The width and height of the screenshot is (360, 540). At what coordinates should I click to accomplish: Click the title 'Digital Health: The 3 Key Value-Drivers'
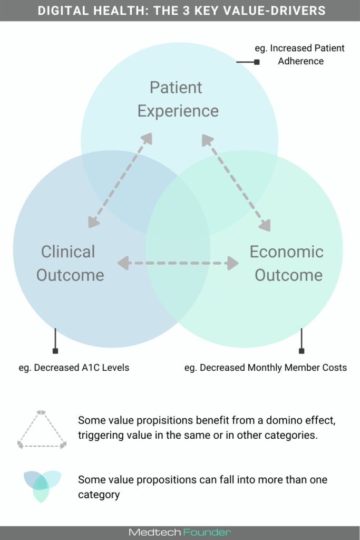[x=180, y=11]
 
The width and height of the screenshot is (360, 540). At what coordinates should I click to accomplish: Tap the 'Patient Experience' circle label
[x=178, y=99]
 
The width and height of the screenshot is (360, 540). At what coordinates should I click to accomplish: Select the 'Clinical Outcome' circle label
[x=70, y=263]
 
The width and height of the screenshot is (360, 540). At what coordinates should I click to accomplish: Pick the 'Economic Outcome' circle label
[x=287, y=263]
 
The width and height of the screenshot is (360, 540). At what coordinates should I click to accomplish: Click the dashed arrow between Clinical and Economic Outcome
[x=178, y=263]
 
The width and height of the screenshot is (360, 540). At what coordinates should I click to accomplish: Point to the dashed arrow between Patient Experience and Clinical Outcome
[x=120, y=180]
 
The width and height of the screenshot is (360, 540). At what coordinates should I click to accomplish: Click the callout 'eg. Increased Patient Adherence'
[x=300, y=54]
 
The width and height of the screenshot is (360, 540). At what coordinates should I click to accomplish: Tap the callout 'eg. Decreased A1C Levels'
[x=74, y=368]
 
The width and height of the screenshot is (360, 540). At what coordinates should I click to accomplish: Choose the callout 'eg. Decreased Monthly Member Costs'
[x=266, y=368]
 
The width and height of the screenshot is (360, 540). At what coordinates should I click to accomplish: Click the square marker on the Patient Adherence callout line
[x=257, y=62]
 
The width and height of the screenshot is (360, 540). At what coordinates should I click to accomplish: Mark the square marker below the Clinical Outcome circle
[x=55, y=351]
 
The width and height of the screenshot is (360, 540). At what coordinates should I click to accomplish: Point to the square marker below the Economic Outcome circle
[x=301, y=351]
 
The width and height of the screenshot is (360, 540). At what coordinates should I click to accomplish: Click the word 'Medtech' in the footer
[x=155, y=533]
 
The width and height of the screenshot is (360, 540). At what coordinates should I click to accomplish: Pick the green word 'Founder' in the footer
[x=207, y=533]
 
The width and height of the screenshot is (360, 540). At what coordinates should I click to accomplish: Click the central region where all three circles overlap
[x=178, y=211]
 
